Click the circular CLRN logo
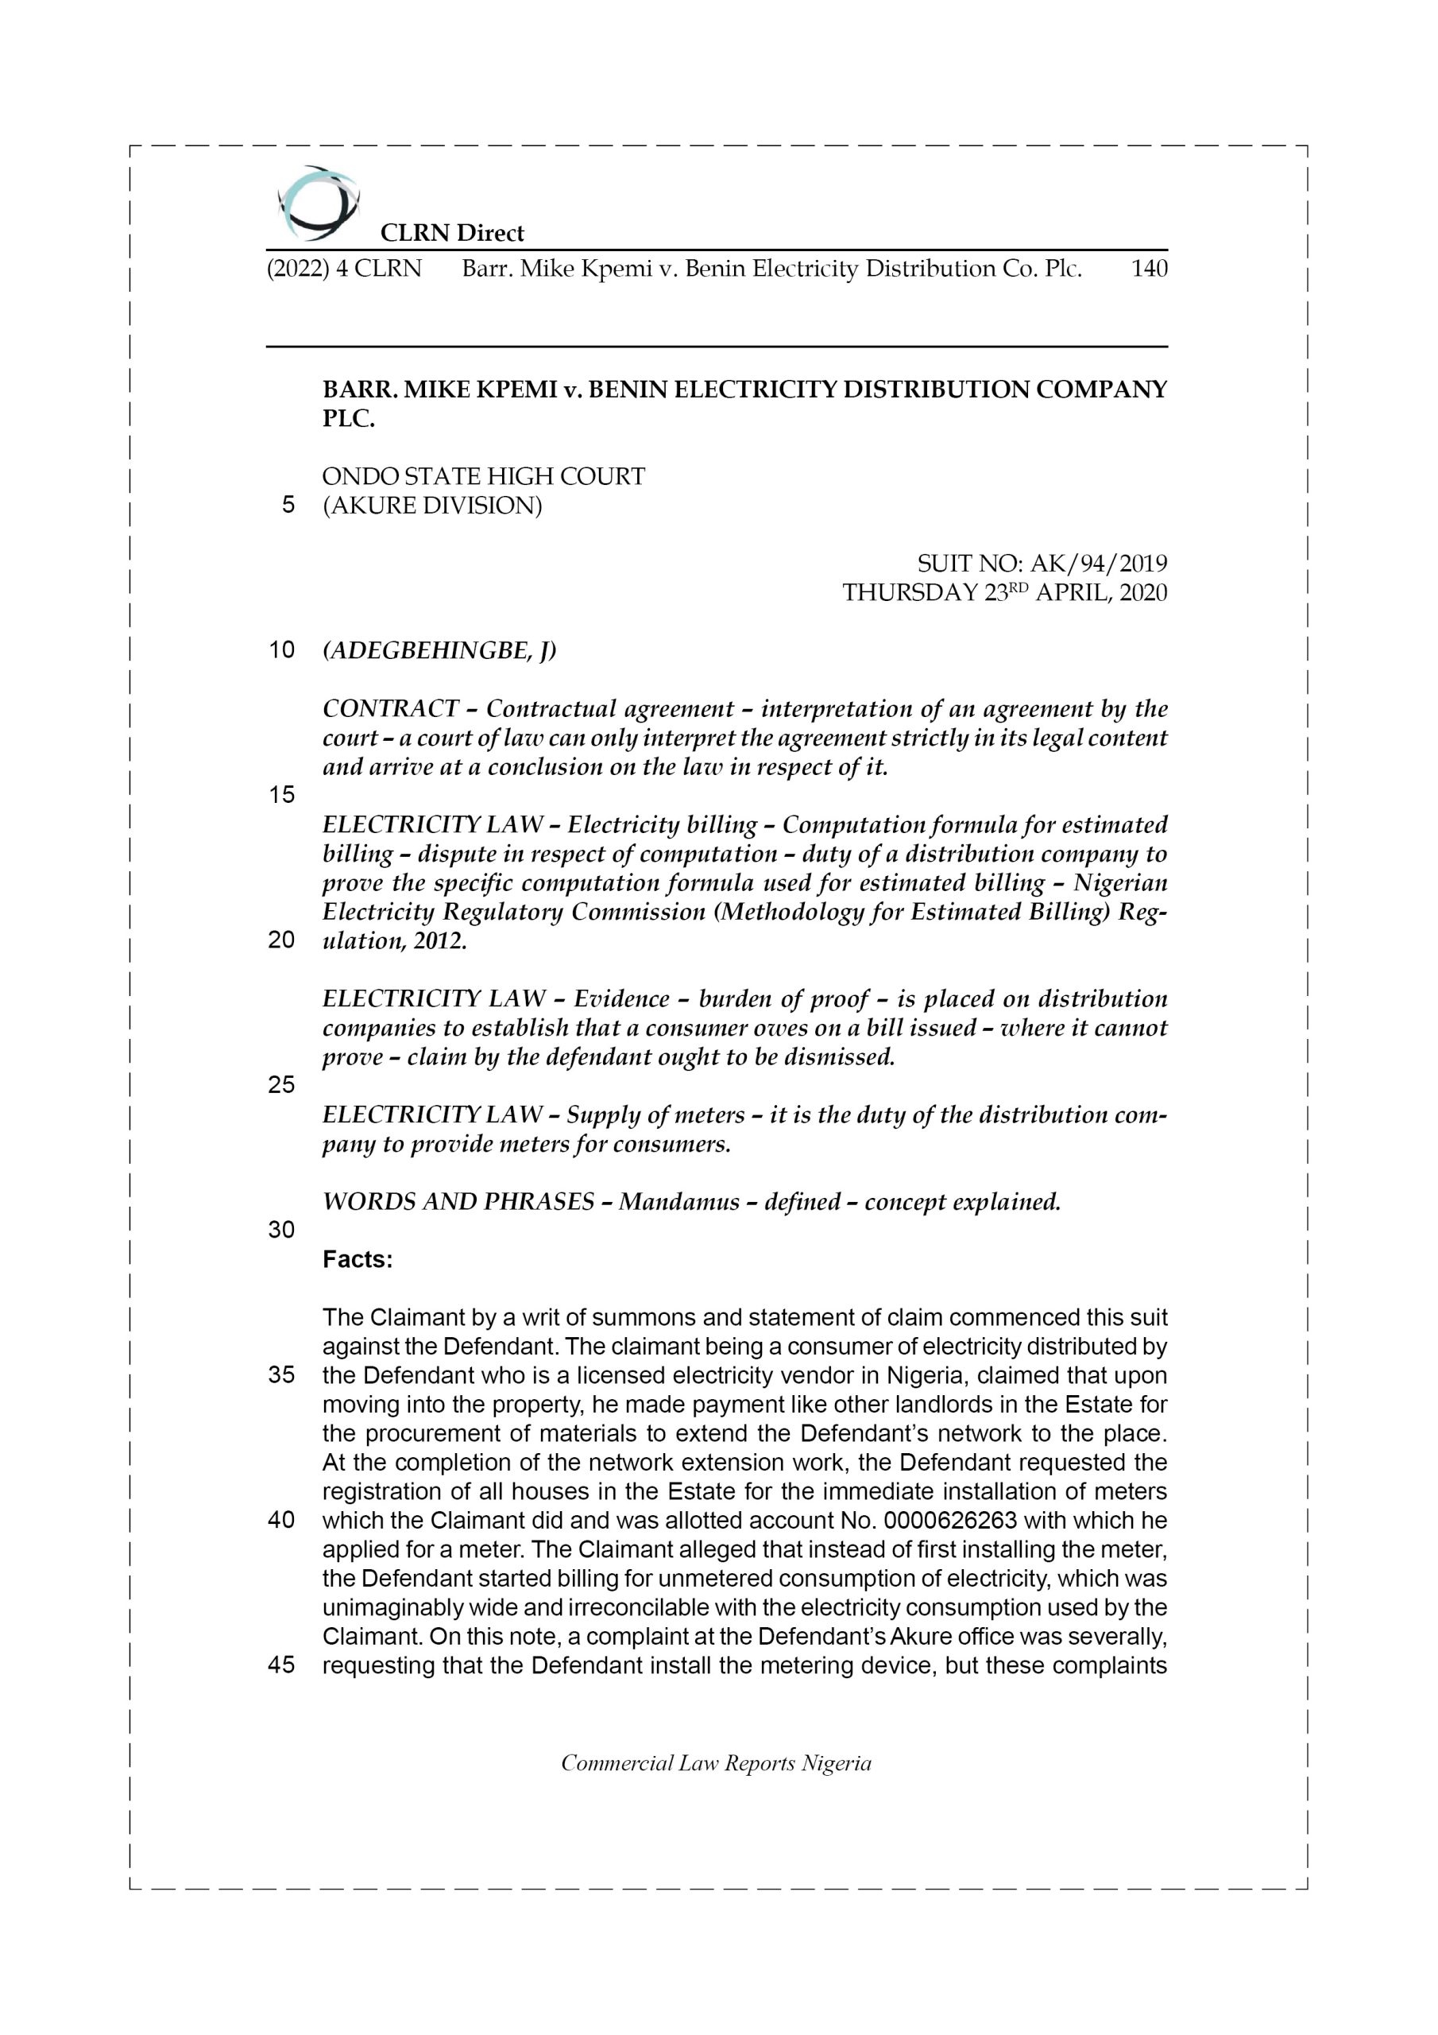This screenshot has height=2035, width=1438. coord(317,203)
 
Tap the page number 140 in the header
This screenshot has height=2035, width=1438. coord(1148,269)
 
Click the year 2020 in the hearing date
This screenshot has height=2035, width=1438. coord(1143,593)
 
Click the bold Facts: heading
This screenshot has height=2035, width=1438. coord(357,1259)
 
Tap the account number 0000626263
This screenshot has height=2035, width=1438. coord(950,1521)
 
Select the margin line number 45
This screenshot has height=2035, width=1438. coord(281,1665)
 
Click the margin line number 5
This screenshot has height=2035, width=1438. coord(288,506)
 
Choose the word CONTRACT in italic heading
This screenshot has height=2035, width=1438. coord(390,709)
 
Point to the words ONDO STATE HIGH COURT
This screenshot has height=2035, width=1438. coord(483,477)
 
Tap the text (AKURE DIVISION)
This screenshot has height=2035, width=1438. coord(431,506)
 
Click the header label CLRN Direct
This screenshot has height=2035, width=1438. coord(452,233)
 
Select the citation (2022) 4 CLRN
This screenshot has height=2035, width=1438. coord(344,269)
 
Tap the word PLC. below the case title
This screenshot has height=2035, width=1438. coord(348,419)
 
